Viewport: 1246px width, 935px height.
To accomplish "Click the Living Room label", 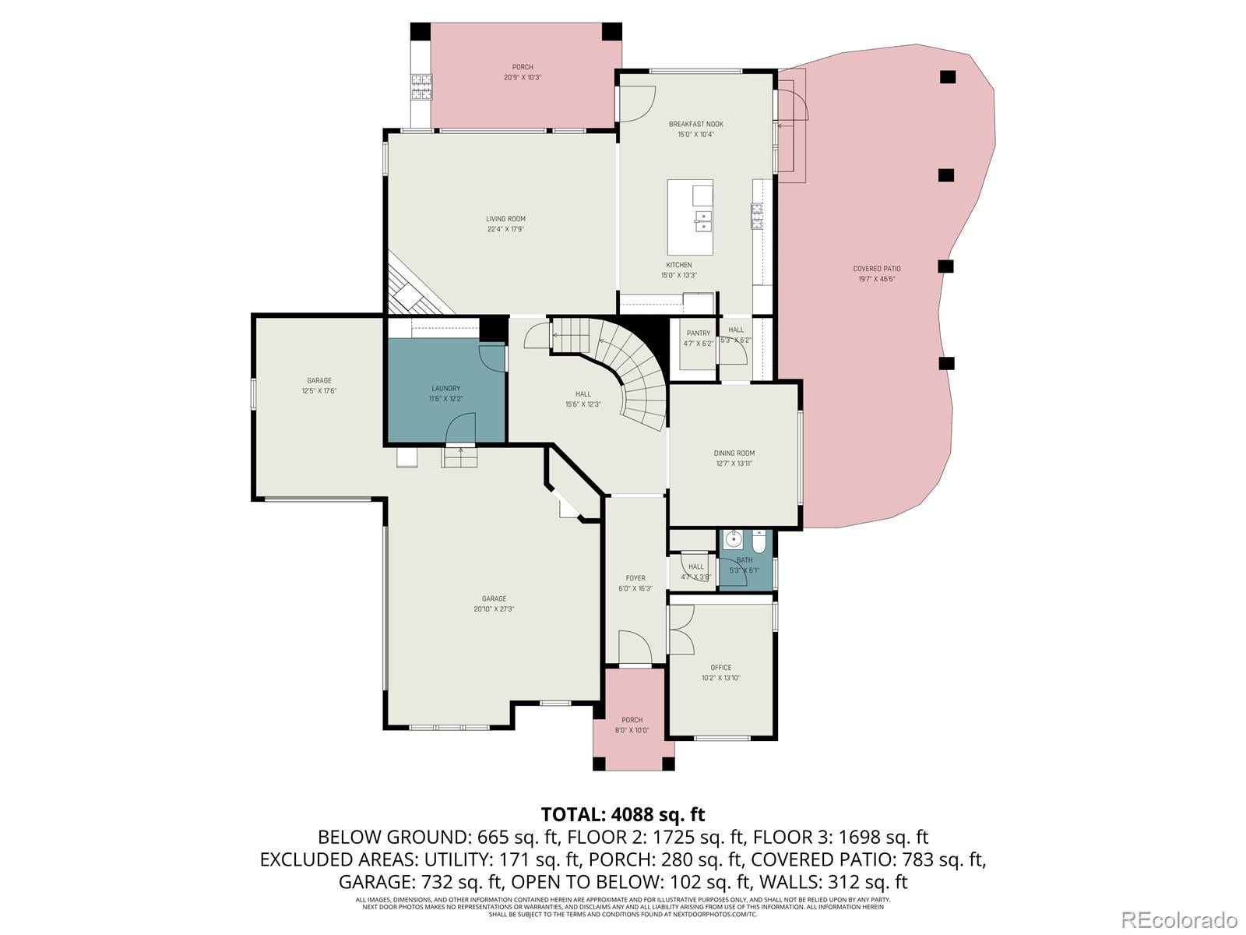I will (505, 219).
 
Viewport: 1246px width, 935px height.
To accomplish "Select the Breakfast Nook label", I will (695, 124).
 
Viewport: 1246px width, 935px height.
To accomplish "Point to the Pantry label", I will (698, 333).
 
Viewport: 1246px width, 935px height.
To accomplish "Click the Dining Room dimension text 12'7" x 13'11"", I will (734, 464).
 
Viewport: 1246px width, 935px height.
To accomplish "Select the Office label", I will (720, 668).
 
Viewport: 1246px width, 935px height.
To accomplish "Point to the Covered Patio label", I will (876, 269).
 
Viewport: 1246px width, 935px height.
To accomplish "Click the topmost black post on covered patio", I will (947, 76).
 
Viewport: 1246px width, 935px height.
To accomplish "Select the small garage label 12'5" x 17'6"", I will (319, 391).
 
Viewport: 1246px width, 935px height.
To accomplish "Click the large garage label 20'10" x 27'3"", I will (494, 609).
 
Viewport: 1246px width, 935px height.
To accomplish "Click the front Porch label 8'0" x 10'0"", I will (632, 731).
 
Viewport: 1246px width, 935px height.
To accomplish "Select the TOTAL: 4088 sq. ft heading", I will (622, 814).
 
